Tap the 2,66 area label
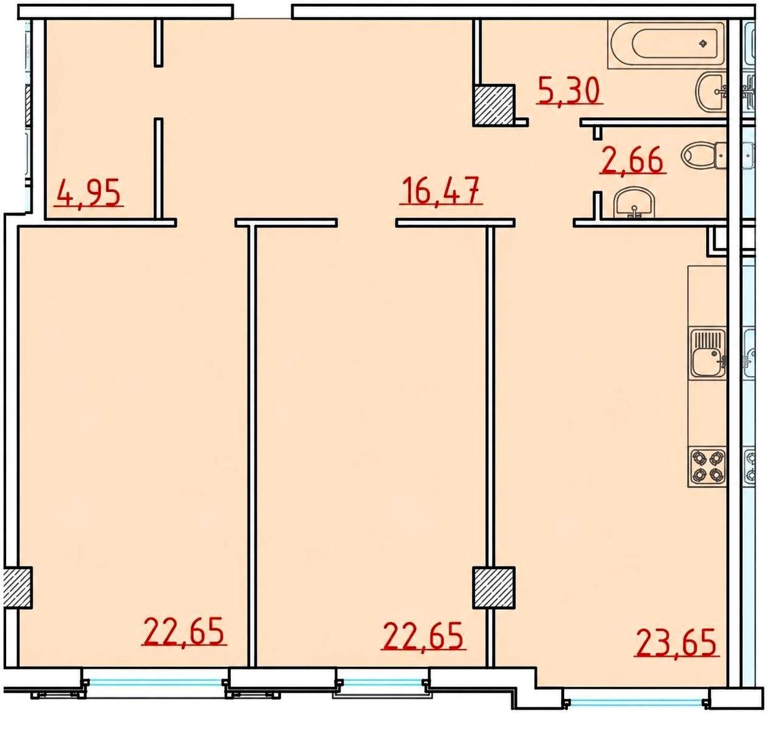pos(633,160)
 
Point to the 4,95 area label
pos(89,193)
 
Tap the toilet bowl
pos(704,155)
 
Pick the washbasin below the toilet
pos(635,203)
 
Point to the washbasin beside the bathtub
pos(711,92)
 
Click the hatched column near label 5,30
pos(493,105)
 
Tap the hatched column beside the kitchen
pos(494,588)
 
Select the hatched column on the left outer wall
pos(17,588)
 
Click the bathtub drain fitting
pos(703,44)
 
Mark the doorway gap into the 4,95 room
pos(159,92)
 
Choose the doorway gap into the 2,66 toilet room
pos(597,165)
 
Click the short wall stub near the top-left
pos(159,42)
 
